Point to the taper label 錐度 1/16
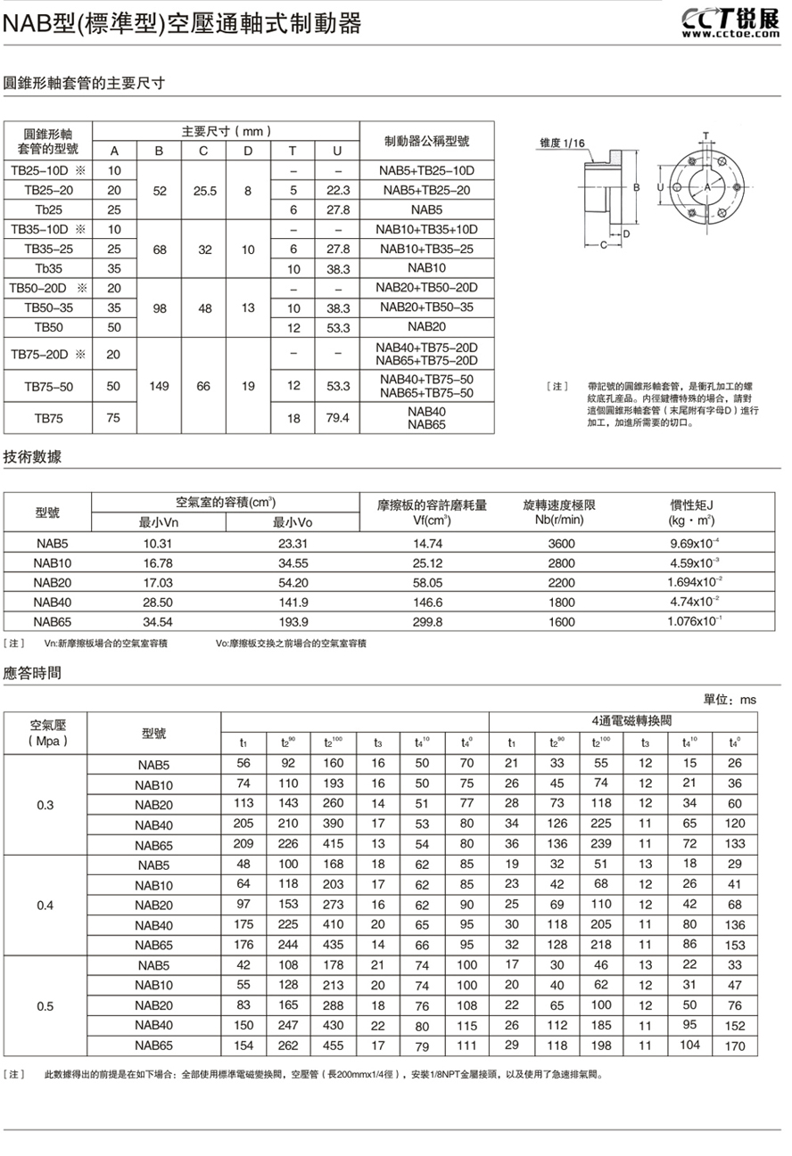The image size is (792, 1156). coord(563,143)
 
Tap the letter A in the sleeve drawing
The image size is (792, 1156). coord(707,188)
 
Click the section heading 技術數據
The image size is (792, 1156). coord(32,457)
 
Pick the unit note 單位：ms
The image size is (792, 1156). coord(730,701)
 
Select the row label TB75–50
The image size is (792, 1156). coord(49,386)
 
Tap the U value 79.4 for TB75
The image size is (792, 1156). coord(337,417)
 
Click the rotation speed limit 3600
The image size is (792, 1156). coord(563,543)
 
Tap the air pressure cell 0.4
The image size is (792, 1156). coord(45,906)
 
